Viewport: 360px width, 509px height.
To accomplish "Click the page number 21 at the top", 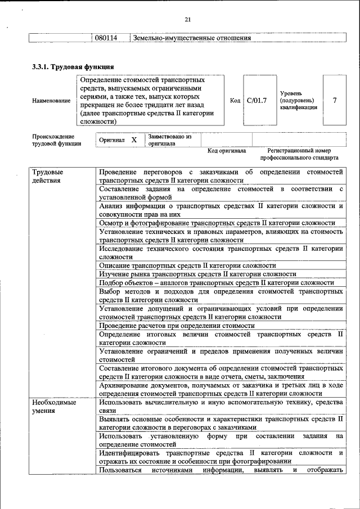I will (188, 20).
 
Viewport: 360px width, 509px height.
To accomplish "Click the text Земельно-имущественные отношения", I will (191, 38).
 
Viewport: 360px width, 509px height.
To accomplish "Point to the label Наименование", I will (52, 101).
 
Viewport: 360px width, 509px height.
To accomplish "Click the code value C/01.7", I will (256, 101).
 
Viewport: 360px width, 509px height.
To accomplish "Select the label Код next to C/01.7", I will (235, 101).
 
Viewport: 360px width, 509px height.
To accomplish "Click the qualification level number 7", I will (335, 101).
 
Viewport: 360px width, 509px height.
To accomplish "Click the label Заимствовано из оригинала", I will (170, 140).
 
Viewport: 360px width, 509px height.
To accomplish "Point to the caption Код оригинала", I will (227, 151).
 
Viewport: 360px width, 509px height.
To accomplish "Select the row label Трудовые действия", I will (48, 175).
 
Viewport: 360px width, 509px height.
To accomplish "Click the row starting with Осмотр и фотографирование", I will (217, 223).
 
